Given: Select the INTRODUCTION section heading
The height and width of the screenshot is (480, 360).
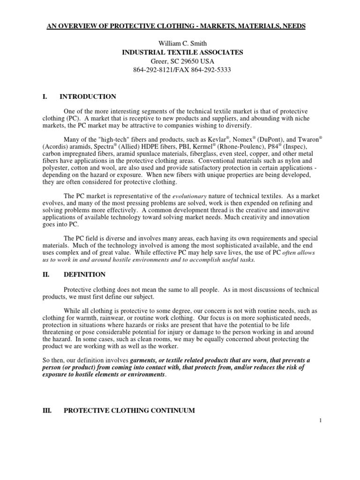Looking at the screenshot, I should tap(88, 97).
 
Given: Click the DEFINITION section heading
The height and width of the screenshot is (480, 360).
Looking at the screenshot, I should tap(84, 274).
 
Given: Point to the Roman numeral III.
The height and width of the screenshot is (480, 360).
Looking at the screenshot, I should tap(47, 410).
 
